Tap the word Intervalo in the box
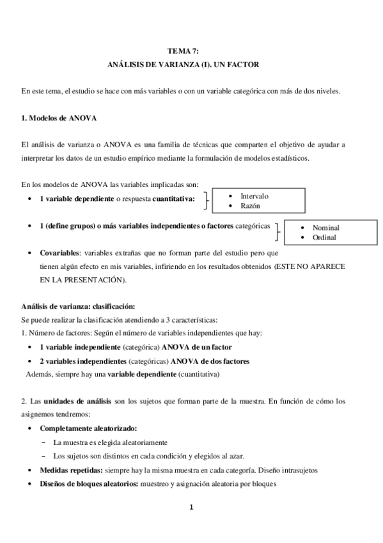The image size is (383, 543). (254, 195)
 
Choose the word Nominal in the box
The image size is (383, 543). (326, 227)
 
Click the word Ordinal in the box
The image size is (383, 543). (325, 238)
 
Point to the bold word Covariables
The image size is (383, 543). (60, 252)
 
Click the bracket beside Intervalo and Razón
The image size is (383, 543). (206, 200)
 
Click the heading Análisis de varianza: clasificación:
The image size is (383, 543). (77, 305)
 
